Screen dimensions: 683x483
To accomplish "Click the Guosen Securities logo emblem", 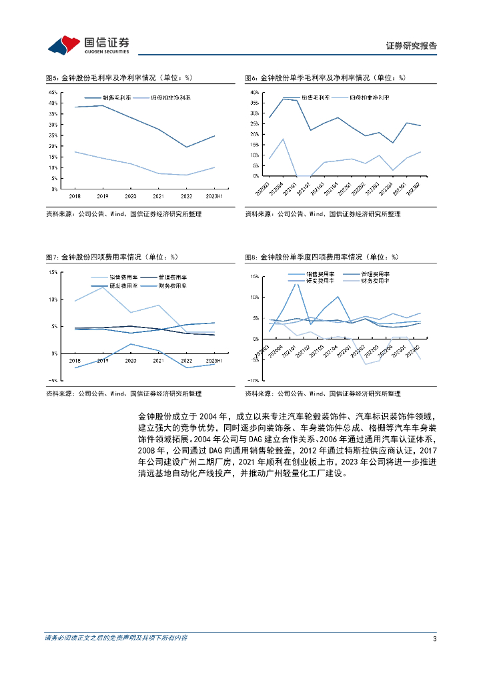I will [63, 45].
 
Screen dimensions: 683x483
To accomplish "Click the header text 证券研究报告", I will [412, 46].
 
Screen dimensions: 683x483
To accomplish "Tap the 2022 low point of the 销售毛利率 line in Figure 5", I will [187, 147].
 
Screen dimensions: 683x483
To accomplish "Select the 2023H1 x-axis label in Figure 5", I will [214, 197].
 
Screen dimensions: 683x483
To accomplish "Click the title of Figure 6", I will [325, 78].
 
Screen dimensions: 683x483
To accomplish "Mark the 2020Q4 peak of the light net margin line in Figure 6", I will [283, 139].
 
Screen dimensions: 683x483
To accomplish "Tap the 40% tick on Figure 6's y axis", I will [254, 93].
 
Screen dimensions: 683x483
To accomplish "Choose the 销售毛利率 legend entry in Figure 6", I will [315, 97].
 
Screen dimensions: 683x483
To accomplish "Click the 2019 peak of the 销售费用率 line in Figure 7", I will [102, 287].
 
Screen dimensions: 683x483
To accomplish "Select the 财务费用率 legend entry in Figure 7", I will [172, 285].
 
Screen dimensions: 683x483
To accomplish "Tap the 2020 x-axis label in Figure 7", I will [130, 361].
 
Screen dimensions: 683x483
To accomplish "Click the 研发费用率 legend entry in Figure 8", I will [320, 281].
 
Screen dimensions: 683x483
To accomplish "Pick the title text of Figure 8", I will [321, 257].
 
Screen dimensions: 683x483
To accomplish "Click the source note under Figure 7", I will [123, 394].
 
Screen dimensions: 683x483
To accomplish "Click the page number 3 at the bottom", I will [434, 638].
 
